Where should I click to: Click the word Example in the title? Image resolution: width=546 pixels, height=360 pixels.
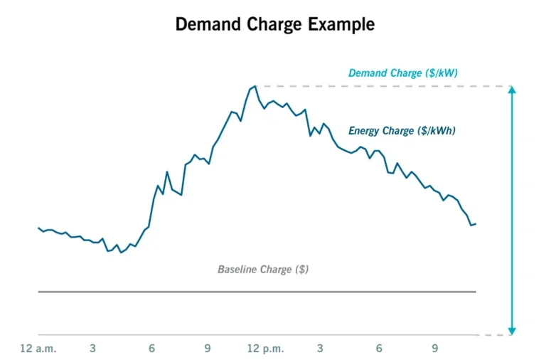click(342, 24)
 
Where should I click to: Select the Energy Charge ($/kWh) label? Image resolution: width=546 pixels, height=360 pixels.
click(402, 131)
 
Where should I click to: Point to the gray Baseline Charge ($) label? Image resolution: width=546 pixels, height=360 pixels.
click(262, 270)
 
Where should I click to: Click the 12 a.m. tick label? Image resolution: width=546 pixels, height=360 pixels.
click(38, 349)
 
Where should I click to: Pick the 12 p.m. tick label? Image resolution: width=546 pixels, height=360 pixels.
click(265, 349)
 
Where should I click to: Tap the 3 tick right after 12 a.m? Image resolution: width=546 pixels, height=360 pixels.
click(93, 349)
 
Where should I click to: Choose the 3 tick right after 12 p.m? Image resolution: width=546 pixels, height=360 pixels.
click(320, 349)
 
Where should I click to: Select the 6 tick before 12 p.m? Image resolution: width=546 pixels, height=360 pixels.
click(152, 349)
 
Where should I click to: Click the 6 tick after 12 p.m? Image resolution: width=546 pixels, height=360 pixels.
click(379, 349)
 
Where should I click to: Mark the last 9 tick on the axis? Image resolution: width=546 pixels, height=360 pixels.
click(435, 349)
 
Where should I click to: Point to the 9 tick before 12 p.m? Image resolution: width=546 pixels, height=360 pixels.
click(208, 349)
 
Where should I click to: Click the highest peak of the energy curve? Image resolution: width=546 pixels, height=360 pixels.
click(254, 86)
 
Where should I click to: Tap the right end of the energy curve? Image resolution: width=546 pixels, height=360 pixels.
click(475, 224)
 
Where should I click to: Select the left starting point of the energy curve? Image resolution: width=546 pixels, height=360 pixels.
click(38, 228)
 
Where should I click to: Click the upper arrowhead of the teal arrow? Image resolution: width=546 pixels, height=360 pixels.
click(511, 90)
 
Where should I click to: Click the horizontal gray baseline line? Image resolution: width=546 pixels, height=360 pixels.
click(256, 292)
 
